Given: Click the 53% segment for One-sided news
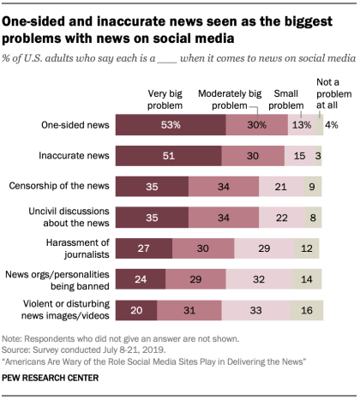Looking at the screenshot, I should tap(172, 126).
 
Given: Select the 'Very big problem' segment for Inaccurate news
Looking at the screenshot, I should tap(171, 156).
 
